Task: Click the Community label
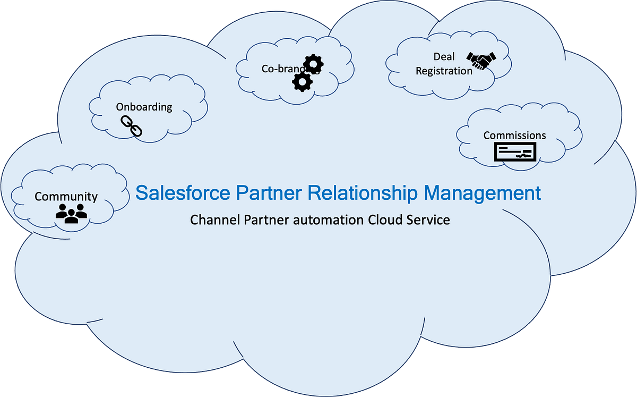pyautogui.click(x=66, y=197)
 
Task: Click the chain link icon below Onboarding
pyautogui.click(x=132, y=126)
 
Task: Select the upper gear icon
pyautogui.click(x=314, y=64)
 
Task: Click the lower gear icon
pyautogui.click(x=302, y=81)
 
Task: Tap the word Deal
pyautogui.click(x=444, y=57)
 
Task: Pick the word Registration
pyautogui.click(x=444, y=71)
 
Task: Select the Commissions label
pyautogui.click(x=514, y=136)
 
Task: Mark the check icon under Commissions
pyautogui.click(x=515, y=153)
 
